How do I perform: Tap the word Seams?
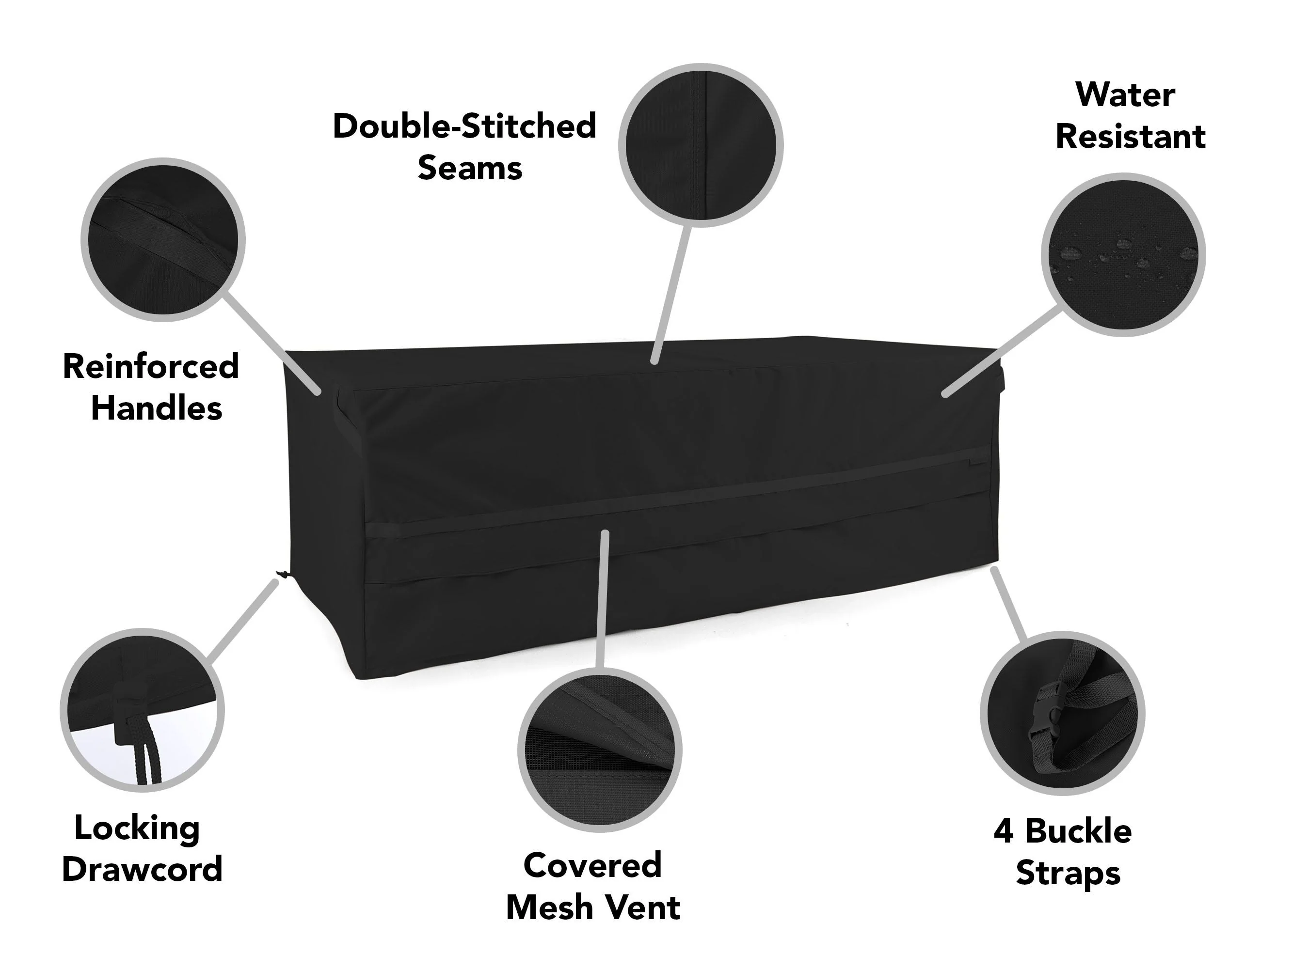tap(469, 168)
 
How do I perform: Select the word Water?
tap(1125, 94)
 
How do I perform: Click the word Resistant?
tap(1130, 137)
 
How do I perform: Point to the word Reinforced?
tap(151, 366)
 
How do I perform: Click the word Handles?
tap(157, 407)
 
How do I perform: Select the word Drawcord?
tap(142, 869)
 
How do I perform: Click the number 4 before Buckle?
tap(1003, 831)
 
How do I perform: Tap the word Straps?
tap(1068, 874)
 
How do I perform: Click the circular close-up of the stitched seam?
tap(701, 145)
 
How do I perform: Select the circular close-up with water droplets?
tap(1123, 255)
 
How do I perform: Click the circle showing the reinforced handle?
tap(163, 239)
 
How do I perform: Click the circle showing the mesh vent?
tap(600, 750)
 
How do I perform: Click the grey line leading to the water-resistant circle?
tap(1002, 353)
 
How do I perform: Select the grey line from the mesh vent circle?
tap(602, 599)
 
